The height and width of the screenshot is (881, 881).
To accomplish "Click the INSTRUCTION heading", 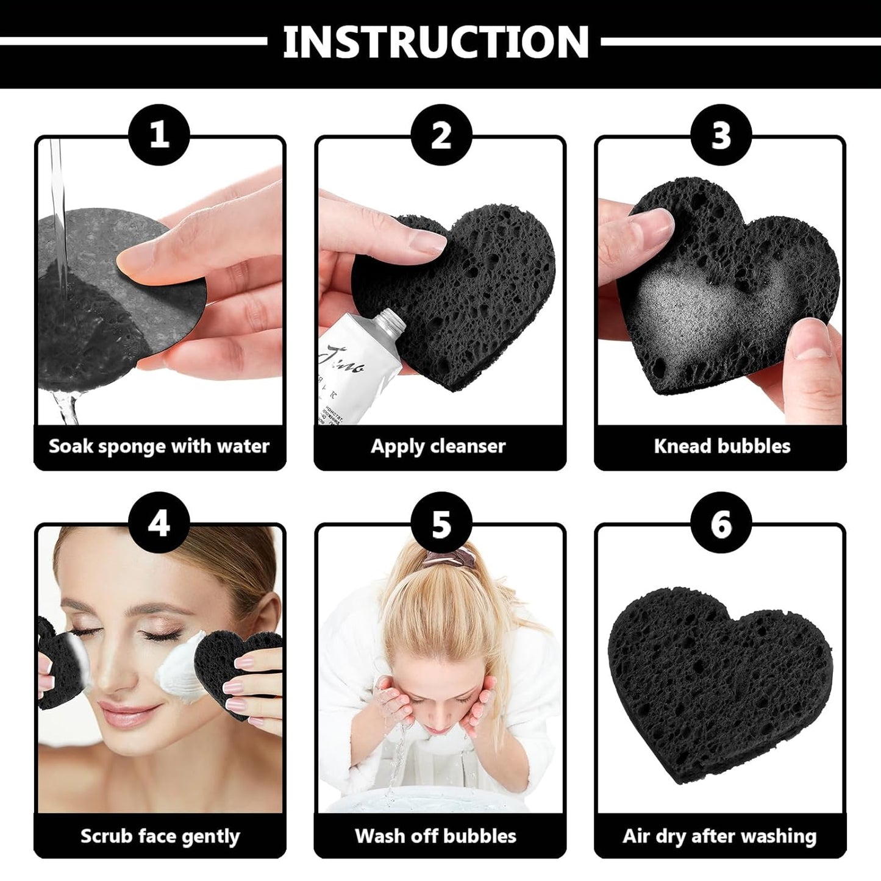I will pos(435,42).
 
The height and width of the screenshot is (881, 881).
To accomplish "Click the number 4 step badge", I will pos(159,523).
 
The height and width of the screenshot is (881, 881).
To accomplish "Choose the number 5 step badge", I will pos(441,523).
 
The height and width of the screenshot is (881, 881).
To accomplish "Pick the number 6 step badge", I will pos(721,523).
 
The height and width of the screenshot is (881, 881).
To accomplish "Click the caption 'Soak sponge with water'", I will pos(159,446).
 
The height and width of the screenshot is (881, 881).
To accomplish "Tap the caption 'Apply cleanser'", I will pos(438,446).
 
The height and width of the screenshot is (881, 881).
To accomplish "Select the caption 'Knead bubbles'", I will pos(722,446).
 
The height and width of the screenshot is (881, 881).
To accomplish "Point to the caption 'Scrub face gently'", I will pos(160,836).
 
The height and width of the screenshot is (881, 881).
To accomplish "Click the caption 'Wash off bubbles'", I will pos(436,836).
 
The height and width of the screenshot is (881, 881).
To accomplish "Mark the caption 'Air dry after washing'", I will pos(719,836).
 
